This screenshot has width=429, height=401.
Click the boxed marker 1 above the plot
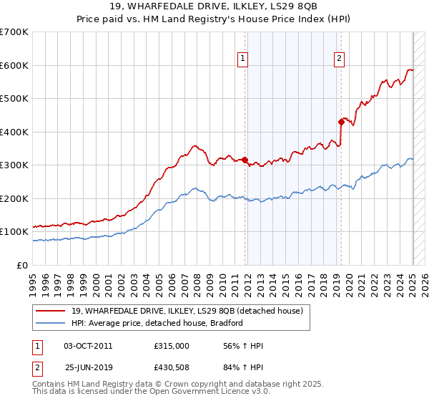(244, 59)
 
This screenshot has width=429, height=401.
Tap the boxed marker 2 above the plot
(339, 59)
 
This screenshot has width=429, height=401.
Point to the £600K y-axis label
(14, 65)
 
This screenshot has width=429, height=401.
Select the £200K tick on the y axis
(14, 198)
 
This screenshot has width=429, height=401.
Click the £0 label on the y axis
(23, 265)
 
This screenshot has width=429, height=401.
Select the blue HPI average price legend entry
(157, 323)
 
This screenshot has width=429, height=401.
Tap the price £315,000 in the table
(171, 346)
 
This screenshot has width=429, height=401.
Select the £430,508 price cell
(171, 370)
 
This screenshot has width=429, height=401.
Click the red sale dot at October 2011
(245, 160)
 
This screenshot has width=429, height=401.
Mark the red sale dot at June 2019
(342, 122)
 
